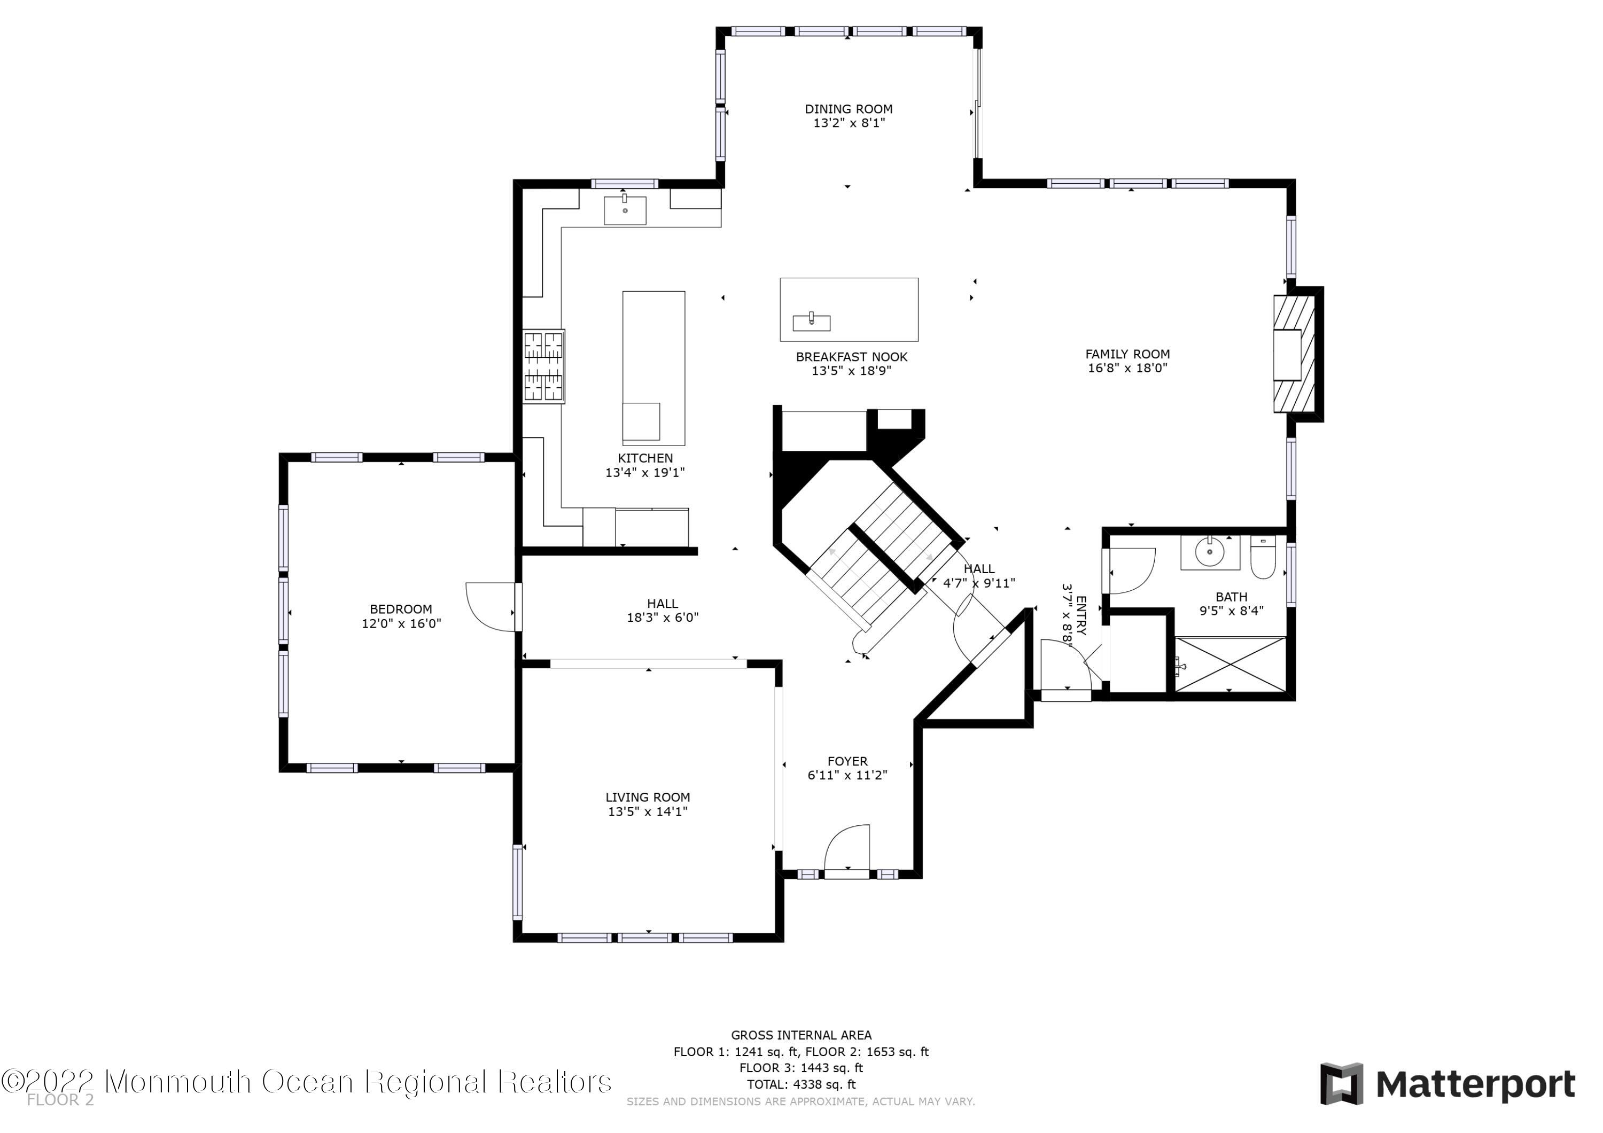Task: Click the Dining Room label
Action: [849, 109]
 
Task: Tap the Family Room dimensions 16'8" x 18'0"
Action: [1127, 368]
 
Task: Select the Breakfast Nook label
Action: [852, 357]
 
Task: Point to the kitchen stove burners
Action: [544, 366]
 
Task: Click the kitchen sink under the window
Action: [625, 210]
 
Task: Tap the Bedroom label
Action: [401, 610]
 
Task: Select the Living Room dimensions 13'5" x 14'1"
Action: [648, 811]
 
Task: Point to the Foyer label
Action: [847, 761]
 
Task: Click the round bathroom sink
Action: [1210, 553]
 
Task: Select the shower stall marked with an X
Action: [1230, 665]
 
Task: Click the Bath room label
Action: [1232, 597]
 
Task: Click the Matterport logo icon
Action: [1341, 1084]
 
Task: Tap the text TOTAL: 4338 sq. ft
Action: [801, 1085]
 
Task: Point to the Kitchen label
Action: [645, 458]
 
